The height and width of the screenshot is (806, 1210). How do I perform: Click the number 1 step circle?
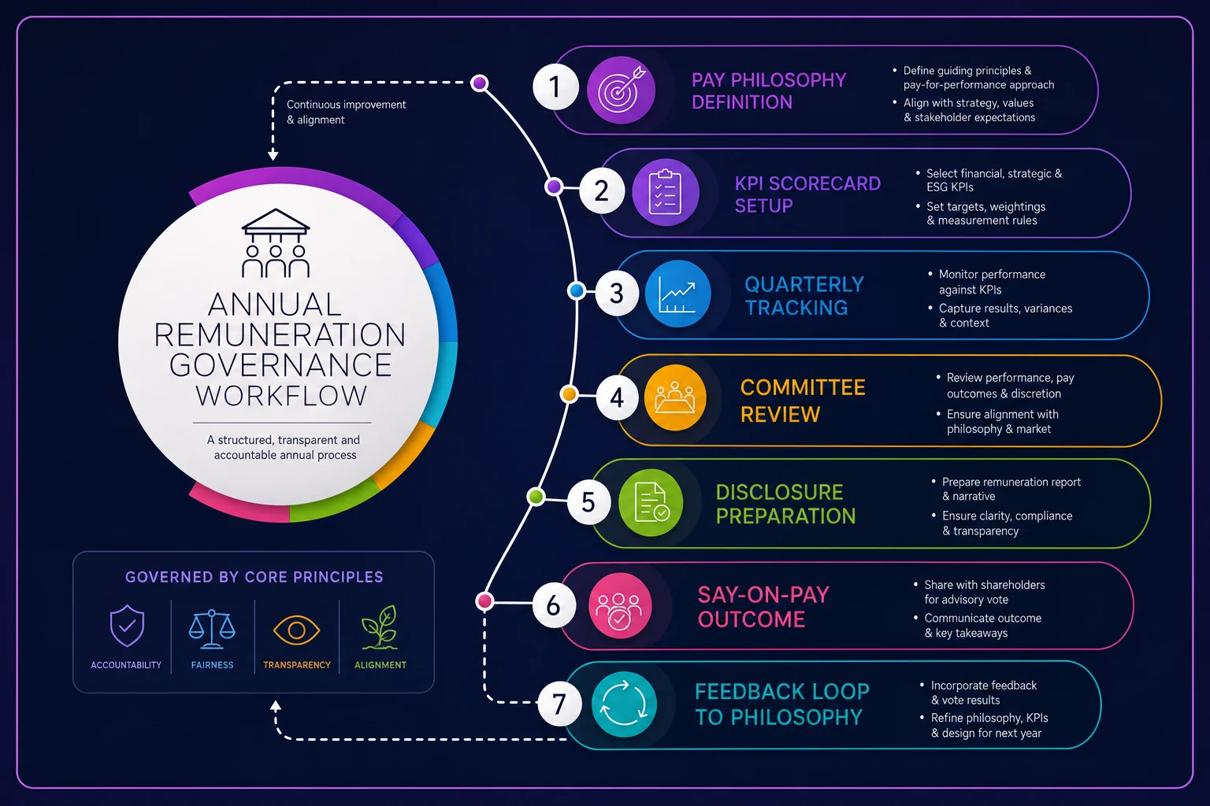pyautogui.click(x=555, y=87)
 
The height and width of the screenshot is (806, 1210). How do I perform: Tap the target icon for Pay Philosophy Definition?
pyautogui.click(x=622, y=91)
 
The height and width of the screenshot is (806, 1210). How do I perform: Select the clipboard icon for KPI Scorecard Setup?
pyautogui.click(x=666, y=192)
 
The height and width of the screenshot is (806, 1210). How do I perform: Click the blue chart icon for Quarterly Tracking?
pyautogui.click(x=677, y=294)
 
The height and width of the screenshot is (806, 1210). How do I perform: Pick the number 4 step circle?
pyautogui.click(x=618, y=397)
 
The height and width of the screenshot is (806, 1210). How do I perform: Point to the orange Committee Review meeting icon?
pyautogui.click(x=675, y=397)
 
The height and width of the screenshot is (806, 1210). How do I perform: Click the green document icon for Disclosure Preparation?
pyautogui.click(x=651, y=503)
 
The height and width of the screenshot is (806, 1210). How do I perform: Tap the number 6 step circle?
pyautogui.click(x=554, y=605)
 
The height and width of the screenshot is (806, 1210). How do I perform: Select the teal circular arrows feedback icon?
pyautogui.click(x=624, y=704)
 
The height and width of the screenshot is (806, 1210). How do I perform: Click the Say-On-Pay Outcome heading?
pyautogui.click(x=763, y=607)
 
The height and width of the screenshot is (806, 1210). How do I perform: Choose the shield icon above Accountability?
pyautogui.click(x=127, y=626)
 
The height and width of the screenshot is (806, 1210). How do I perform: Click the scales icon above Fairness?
pyautogui.click(x=212, y=628)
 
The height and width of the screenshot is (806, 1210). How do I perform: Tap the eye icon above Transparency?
pyautogui.click(x=296, y=630)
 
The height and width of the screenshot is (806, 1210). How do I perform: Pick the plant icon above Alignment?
pyautogui.click(x=380, y=627)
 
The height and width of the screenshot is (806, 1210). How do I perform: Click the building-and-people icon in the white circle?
pyautogui.click(x=276, y=243)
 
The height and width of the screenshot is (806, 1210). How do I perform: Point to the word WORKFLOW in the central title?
pyautogui.click(x=281, y=396)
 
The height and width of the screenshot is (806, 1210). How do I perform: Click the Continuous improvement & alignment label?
pyautogui.click(x=347, y=112)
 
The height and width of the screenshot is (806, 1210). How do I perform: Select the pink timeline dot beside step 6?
pyautogui.click(x=484, y=601)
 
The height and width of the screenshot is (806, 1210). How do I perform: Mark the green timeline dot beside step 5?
pyautogui.click(x=536, y=496)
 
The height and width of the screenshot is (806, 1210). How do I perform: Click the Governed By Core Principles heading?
pyautogui.click(x=254, y=577)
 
